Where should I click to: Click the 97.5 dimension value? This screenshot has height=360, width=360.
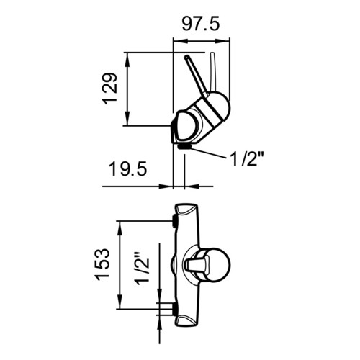pyautogui.click(x=201, y=24)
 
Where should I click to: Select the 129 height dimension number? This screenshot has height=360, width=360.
pyautogui.click(x=110, y=89)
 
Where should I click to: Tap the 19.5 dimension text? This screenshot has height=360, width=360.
pyautogui.click(x=127, y=168)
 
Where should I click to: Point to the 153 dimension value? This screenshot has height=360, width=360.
pyautogui.click(x=102, y=264)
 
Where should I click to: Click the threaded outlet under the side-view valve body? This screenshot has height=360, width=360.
pyautogui.click(x=184, y=146)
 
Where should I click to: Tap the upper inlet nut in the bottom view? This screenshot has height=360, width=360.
pyautogui.click(x=174, y=221)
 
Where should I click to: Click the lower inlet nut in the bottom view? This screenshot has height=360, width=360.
pyautogui.click(x=174, y=309)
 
